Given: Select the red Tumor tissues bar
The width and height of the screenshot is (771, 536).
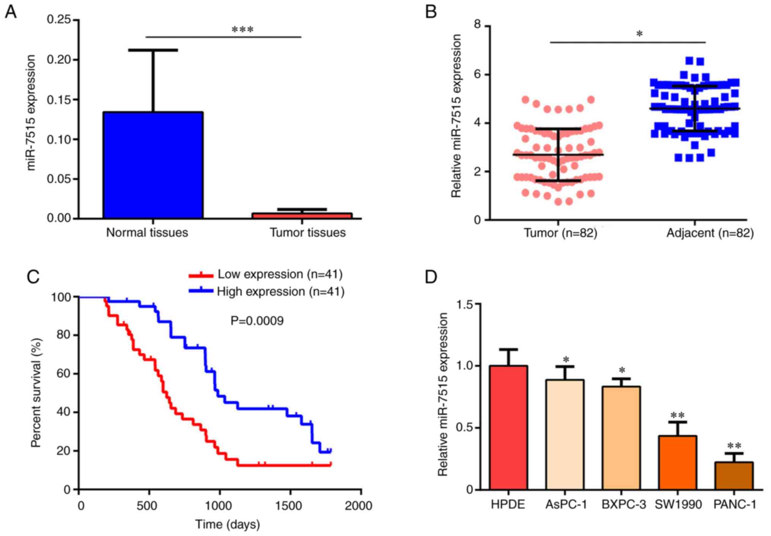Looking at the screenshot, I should pyautogui.click(x=302, y=215).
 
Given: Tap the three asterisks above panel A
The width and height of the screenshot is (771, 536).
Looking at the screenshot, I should pyautogui.click(x=242, y=30).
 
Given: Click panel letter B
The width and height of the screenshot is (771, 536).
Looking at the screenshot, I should pyautogui.click(x=431, y=12).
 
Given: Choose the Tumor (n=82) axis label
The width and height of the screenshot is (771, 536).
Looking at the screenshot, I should pyautogui.click(x=560, y=233).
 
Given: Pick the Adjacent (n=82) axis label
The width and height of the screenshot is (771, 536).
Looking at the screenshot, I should pyautogui.click(x=710, y=233).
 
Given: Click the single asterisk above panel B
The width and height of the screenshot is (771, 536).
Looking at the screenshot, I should pyautogui.click(x=639, y=34).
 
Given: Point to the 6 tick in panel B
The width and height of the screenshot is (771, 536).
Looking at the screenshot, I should pyautogui.click(x=477, y=74).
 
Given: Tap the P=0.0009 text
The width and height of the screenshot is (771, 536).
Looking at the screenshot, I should pyautogui.click(x=257, y=321).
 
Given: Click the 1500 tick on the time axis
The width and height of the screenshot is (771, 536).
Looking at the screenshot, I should pyautogui.click(x=290, y=506).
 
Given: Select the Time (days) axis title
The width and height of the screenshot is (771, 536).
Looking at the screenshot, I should pyautogui.click(x=228, y=525).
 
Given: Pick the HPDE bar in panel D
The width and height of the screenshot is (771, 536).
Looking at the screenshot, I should pyautogui.click(x=508, y=428).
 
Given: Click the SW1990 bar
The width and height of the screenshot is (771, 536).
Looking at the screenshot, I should pyautogui.click(x=677, y=462).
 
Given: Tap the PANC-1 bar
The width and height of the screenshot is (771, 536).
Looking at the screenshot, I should pyautogui.click(x=734, y=476).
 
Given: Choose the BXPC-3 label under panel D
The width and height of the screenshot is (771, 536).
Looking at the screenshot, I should pyautogui.click(x=623, y=504).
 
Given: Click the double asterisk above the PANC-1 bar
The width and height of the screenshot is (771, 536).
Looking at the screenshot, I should pyautogui.click(x=734, y=445).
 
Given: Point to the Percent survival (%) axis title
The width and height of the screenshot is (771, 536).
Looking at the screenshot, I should pyautogui.click(x=36, y=393).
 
